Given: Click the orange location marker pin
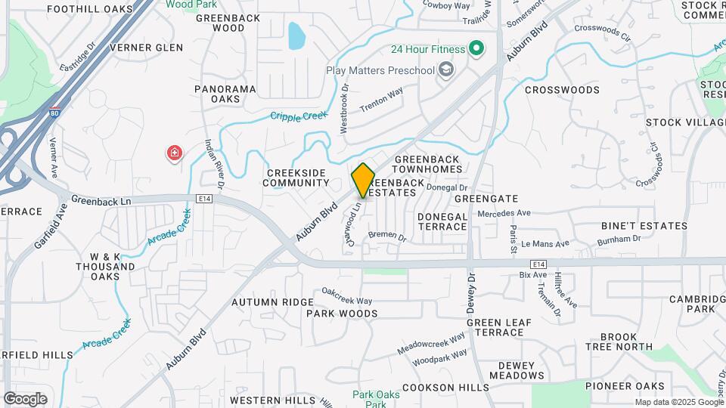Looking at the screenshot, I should (x=364, y=180).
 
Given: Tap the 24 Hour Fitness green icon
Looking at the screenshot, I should (x=476, y=50).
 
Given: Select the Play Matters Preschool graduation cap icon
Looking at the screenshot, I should (x=447, y=70).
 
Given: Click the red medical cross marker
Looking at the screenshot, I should (x=175, y=154).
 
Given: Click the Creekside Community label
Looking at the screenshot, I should (x=297, y=178).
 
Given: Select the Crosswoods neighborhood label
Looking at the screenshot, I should (x=562, y=90).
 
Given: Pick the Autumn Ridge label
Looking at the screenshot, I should (x=261, y=302).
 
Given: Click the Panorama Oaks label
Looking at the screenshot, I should (x=225, y=94).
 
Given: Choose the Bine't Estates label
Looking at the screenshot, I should (x=644, y=226).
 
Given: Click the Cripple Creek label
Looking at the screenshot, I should (x=299, y=116).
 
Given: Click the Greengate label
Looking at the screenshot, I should (x=486, y=199).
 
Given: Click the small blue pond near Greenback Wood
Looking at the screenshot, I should (x=296, y=34).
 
